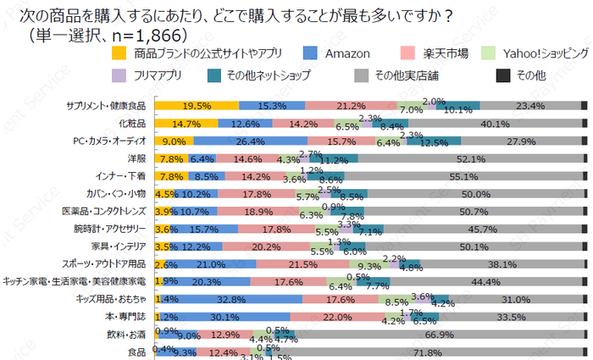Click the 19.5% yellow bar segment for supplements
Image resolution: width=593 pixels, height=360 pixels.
point(197,106)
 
